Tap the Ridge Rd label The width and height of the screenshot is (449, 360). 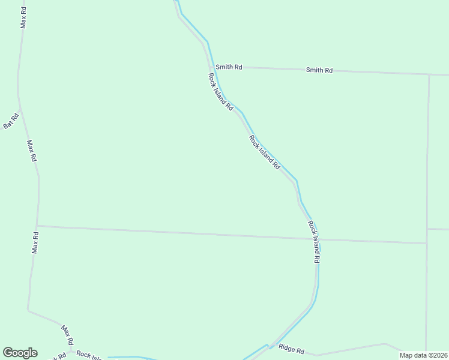[x=292, y=350]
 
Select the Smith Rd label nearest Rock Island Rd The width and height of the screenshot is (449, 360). [x=229, y=67]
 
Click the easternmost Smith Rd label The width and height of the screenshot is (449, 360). [x=319, y=70]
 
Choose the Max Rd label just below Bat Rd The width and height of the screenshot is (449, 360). [x=32, y=151]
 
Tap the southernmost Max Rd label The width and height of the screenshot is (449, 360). [x=67, y=334]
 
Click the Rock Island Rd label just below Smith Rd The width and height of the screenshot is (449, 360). [x=220, y=91]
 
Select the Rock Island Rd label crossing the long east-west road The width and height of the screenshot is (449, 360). [x=314, y=242]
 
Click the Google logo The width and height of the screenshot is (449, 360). [x=20, y=353]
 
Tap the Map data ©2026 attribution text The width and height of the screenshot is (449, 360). [x=424, y=355]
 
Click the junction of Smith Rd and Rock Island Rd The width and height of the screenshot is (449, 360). [x=214, y=67]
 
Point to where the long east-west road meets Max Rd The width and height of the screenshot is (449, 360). [x=37, y=226]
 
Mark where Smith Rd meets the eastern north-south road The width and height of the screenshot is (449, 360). [x=429, y=75]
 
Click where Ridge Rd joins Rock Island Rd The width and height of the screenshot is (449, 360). [x=271, y=348]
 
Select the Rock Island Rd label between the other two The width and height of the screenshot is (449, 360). [x=265, y=152]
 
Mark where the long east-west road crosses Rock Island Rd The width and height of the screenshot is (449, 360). [x=318, y=239]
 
